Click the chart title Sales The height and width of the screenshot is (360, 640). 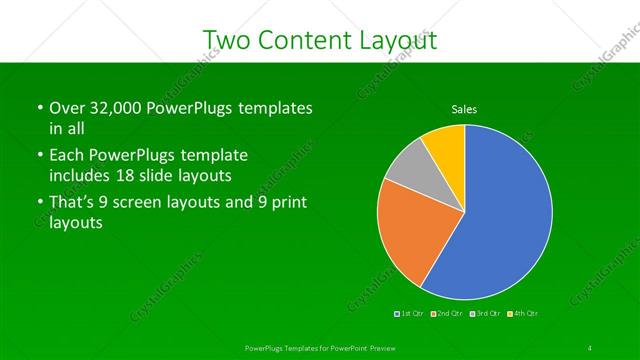(x=464, y=108)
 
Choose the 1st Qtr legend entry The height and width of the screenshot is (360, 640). (x=410, y=313)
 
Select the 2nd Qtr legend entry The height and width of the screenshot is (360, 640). (x=448, y=313)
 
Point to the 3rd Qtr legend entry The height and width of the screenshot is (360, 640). (x=486, y=313)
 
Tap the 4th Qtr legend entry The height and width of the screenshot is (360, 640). (x=524, y=313)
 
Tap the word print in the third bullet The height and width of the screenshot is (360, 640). (x=288, y=203)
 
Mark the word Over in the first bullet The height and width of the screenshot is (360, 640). (x=67, y=108)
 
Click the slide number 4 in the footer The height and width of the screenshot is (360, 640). (x=590, y=346)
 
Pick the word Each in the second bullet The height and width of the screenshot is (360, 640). (x=67, y=156)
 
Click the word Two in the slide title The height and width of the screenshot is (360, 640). (x=225, y=41)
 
